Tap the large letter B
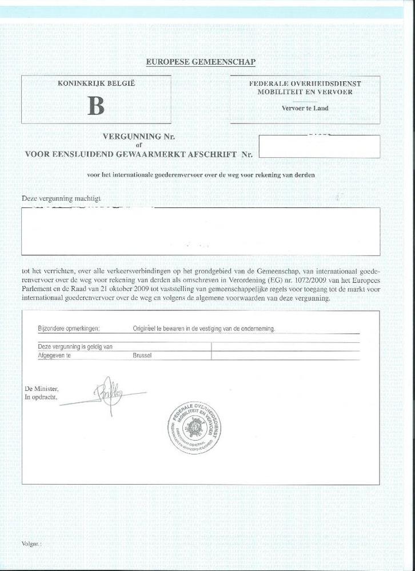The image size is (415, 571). pos(95,105)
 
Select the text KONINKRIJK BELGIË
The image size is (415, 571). pos(96,83)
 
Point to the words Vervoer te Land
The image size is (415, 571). pos(305,108)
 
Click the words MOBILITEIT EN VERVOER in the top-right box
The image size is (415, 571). pos(305,91)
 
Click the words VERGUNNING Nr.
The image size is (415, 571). pos(138,137)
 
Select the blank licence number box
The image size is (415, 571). pos(319,147)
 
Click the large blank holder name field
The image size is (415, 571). pos(201,231)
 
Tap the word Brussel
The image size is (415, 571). pos(142,355)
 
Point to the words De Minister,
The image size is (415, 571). pos(41,389)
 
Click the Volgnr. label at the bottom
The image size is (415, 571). pos(31,544)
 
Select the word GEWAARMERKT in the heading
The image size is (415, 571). pos(178,154)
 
